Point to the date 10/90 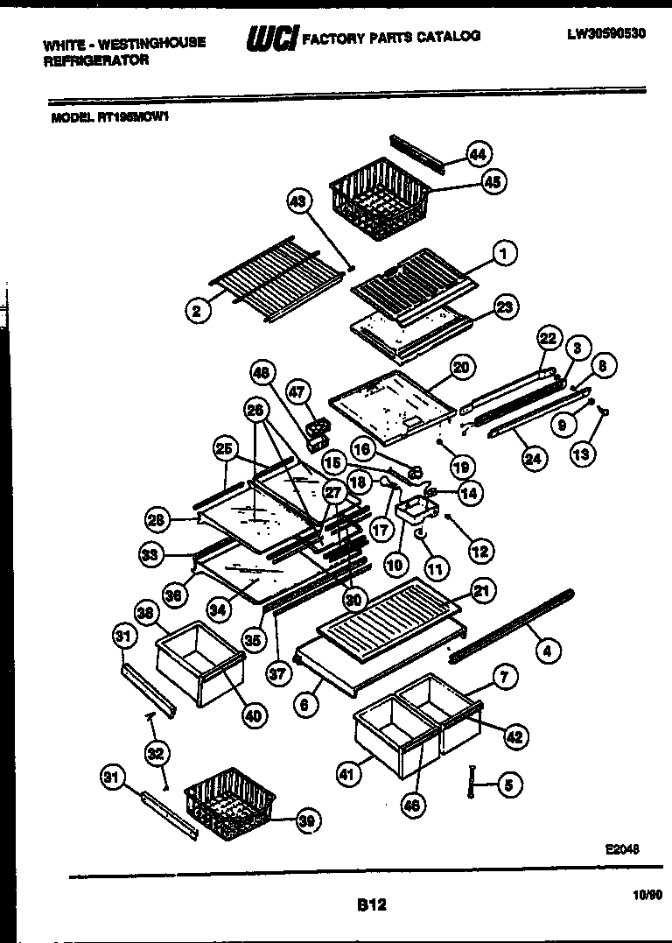tap(643, 894)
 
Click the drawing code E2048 tap(622, 848)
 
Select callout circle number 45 tap(493, 182)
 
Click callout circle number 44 tap(477, 154)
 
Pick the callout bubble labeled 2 tap(198, 309)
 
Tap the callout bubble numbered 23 tap(504, 306)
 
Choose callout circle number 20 tap(461, 367)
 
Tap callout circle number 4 tap(547, 650)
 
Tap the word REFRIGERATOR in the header tap(96, 60)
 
